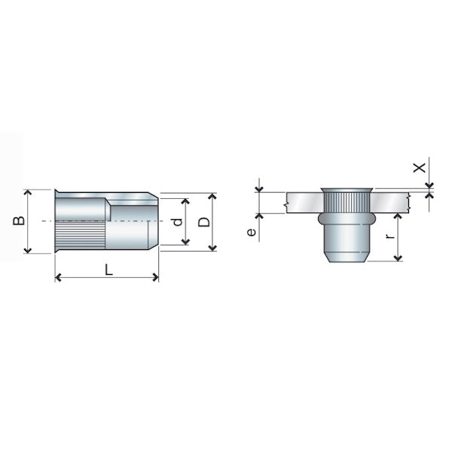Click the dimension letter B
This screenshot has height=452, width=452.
pos(19,221)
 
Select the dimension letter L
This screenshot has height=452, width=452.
pos(108,270)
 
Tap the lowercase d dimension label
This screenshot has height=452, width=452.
pos(179,222)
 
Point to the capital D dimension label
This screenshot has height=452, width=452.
pos(204,222)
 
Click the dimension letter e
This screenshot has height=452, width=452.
pos(252,232)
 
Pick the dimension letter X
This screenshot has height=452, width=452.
pos(420,167)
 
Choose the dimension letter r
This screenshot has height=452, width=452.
pos(390,237)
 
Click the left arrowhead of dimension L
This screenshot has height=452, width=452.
pos(58,277)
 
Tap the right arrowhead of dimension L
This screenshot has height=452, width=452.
pos(156,277)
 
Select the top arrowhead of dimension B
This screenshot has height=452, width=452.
pos(28,193)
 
